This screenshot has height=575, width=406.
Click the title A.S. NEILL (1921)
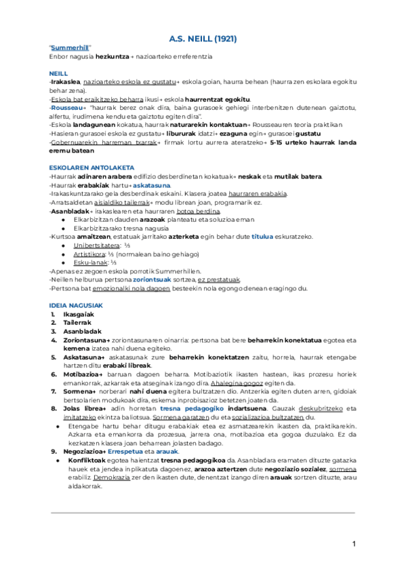(203, 39)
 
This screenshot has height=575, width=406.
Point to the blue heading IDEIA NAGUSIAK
(76, 306)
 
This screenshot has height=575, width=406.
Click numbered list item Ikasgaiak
(78, 315)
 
